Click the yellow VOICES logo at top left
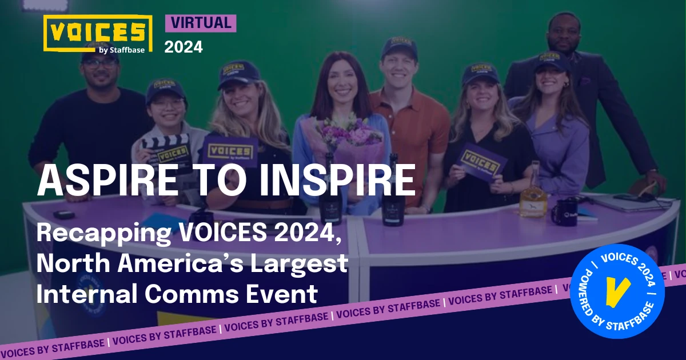coord(98,33)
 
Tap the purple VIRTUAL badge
coord(200,23)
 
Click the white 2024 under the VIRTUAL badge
coord(184,47)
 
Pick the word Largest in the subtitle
coord(302,265)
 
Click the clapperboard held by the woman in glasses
coord(166,150)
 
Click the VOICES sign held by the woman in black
coord(481,161)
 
